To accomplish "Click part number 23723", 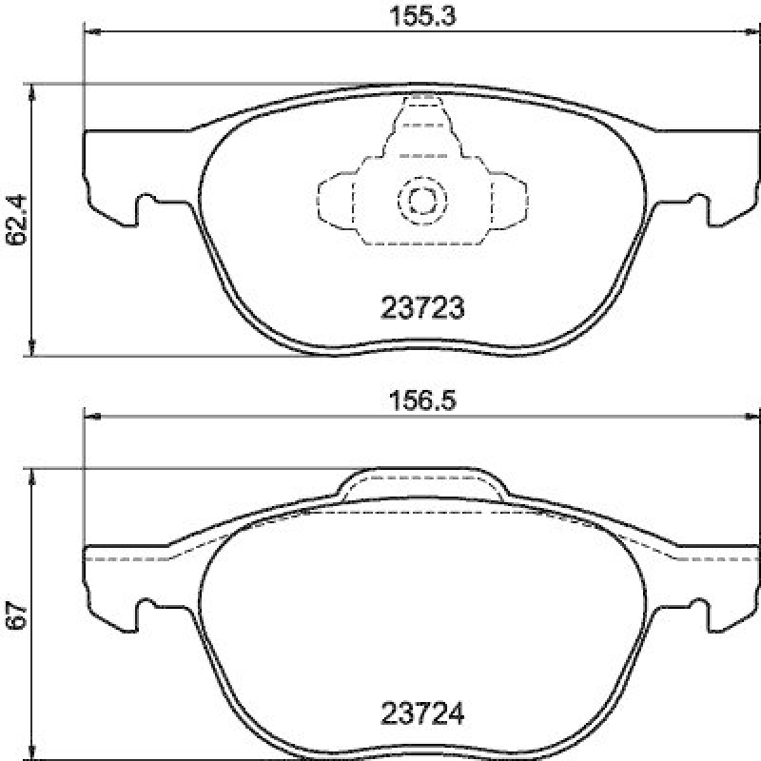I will tap(421, 308).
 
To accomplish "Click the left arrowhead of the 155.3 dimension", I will tap(92, 32).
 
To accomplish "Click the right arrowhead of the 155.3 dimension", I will tap(751, 32).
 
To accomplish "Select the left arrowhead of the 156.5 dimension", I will tap(92, 416).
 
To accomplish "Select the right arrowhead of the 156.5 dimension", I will tap(751, 416).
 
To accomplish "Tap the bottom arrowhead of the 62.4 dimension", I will tap(33, 349).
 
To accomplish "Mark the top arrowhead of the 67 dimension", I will tap(33, 476).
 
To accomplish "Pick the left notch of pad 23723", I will tap(147, 204).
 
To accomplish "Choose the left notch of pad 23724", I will tap(147, 609).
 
